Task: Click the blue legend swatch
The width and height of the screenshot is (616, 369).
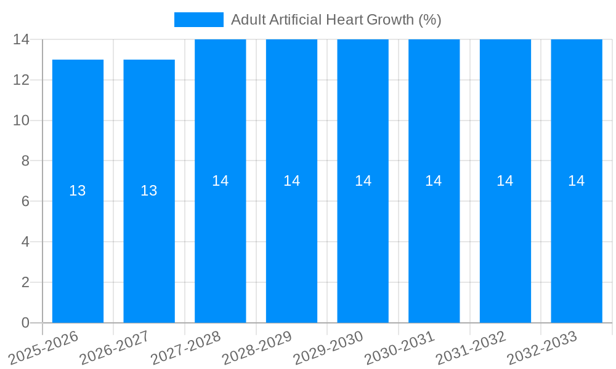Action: pyautogui.click(x=198, y=20)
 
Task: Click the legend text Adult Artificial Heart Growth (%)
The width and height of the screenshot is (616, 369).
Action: pyautogui.click(x=336, y=20)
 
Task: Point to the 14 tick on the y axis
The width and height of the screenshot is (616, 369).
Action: pyautogui.click(x=22, y=39)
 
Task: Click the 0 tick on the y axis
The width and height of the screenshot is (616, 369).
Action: pyautogui.click(x=25, y=323)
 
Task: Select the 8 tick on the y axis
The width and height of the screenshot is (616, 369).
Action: pyautogui.click(x=25, y=161)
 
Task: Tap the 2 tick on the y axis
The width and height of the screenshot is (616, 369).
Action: pyautogui.click(x=25, y=282)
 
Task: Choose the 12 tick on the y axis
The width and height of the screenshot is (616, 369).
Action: pyautogui.click(x=22, y=80)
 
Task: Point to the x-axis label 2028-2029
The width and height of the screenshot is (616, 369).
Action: pyautogui.click(x=258, y=347)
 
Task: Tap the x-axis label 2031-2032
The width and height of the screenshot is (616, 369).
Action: pyautogui.click(x=472, y=347)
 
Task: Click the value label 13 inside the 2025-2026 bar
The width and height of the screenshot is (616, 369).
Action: pyautogui.click(x=78, y=191)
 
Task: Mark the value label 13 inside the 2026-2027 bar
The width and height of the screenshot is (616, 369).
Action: pyautogui.click(x=149, y=191)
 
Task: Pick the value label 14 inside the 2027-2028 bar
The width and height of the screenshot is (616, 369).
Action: pyautogui.click(x=221, y=181)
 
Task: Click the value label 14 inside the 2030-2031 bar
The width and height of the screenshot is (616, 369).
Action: pyautogui.click(x=434, y=181)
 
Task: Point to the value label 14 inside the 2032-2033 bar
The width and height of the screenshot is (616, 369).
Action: pyautogui.click(x=577, y=181)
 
